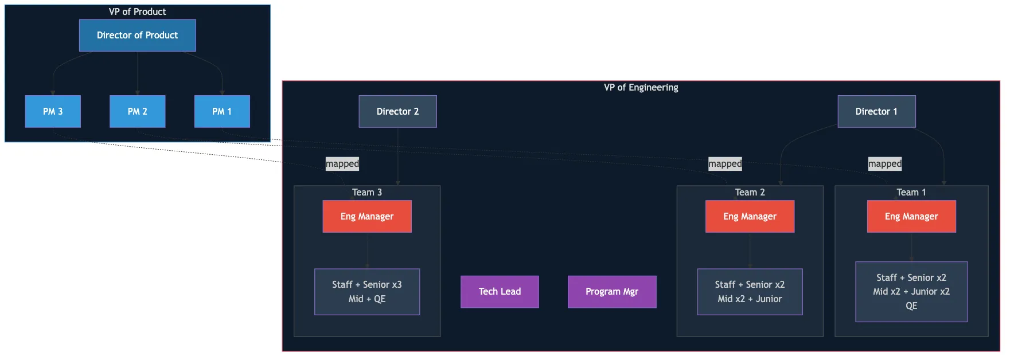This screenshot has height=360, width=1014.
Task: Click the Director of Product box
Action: pyautogui.click(x=138, y=36)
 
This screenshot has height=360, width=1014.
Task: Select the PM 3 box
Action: pyautogui.click(x=53, y=111)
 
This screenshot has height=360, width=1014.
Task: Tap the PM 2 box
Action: pyautogui.click(x=138, y=111)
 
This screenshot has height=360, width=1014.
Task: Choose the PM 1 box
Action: pyautogui.click(x=222, y=111)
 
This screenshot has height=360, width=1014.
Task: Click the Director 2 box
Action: pyautogui.click(x=397, y=111)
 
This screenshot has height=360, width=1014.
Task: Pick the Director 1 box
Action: pyautogui.click(x=876, y=111)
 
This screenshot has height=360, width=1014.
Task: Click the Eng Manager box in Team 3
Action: pyautogui.click(x=367, y=216)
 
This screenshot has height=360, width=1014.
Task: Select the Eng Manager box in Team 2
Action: pyautogui.click(x=750, y=216)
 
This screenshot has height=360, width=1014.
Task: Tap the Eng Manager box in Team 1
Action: pyautogui.click(x=911, y=216)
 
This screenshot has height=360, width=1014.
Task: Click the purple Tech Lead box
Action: pyautogui.click(x=500, y=292)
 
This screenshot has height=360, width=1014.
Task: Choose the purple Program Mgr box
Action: pyautogui.click(x=612, y=292)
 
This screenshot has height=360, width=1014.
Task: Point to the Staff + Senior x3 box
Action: pyautogui.click(x=367, y=292)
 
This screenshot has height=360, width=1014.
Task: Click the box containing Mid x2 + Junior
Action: pyautogui.click(x=750, y=292)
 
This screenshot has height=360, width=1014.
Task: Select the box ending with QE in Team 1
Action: pyautogui.click(x=911, y=292)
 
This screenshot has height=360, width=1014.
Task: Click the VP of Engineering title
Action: pyautogui.click(x=641, y=88)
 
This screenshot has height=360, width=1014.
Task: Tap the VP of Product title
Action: pyautogui.click(x=138, y=11)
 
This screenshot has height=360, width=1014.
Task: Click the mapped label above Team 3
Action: pyautogui.click(x=342, y=164)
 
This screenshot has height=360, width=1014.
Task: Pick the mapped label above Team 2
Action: pyautogui.click(x=725, y=164)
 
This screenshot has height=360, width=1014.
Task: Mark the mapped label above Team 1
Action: pyautogui.click(x=884, y=164)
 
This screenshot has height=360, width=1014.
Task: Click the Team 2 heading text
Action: pyautogui.click(x=750, y=193)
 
